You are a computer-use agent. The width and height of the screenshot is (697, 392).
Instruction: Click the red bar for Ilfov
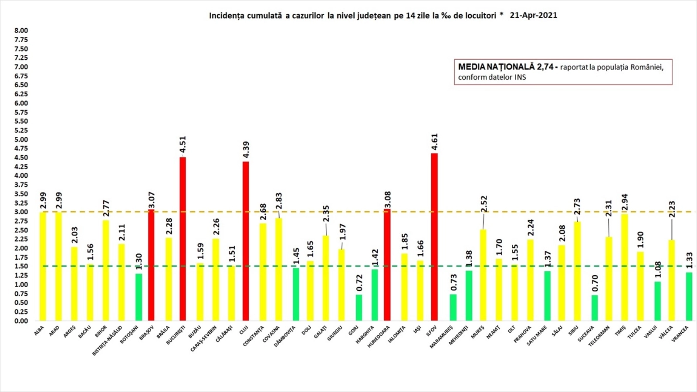pos(434,237)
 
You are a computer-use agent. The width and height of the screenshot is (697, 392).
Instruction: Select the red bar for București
pos(183,239)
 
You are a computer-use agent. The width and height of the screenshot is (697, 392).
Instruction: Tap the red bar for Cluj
pos(246,241)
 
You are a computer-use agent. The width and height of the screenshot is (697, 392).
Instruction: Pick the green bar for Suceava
pos(595,308)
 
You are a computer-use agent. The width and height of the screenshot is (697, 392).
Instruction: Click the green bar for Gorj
pos(359,308)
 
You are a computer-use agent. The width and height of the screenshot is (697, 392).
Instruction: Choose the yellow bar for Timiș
pos(624,267)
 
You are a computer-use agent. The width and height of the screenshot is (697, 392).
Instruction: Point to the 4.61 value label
pos(434,142)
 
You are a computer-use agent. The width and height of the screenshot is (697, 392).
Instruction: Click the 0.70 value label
pos(595,284)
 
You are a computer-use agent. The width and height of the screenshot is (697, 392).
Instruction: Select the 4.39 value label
pos(246,150)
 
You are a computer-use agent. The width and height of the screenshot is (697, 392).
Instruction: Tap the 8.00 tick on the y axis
pos(21,30)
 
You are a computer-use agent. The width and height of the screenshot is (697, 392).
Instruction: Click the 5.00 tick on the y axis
pos(21,139)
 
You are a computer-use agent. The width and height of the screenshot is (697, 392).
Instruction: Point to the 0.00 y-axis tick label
pos(21,321)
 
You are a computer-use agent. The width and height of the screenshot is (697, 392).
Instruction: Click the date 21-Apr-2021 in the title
pos(533,15)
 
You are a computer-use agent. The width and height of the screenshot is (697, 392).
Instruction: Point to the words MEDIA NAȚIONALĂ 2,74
pos(505,67)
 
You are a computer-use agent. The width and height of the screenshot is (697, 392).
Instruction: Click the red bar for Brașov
pos(151,265)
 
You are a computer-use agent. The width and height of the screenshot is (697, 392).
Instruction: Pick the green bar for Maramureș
pos(453,308)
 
